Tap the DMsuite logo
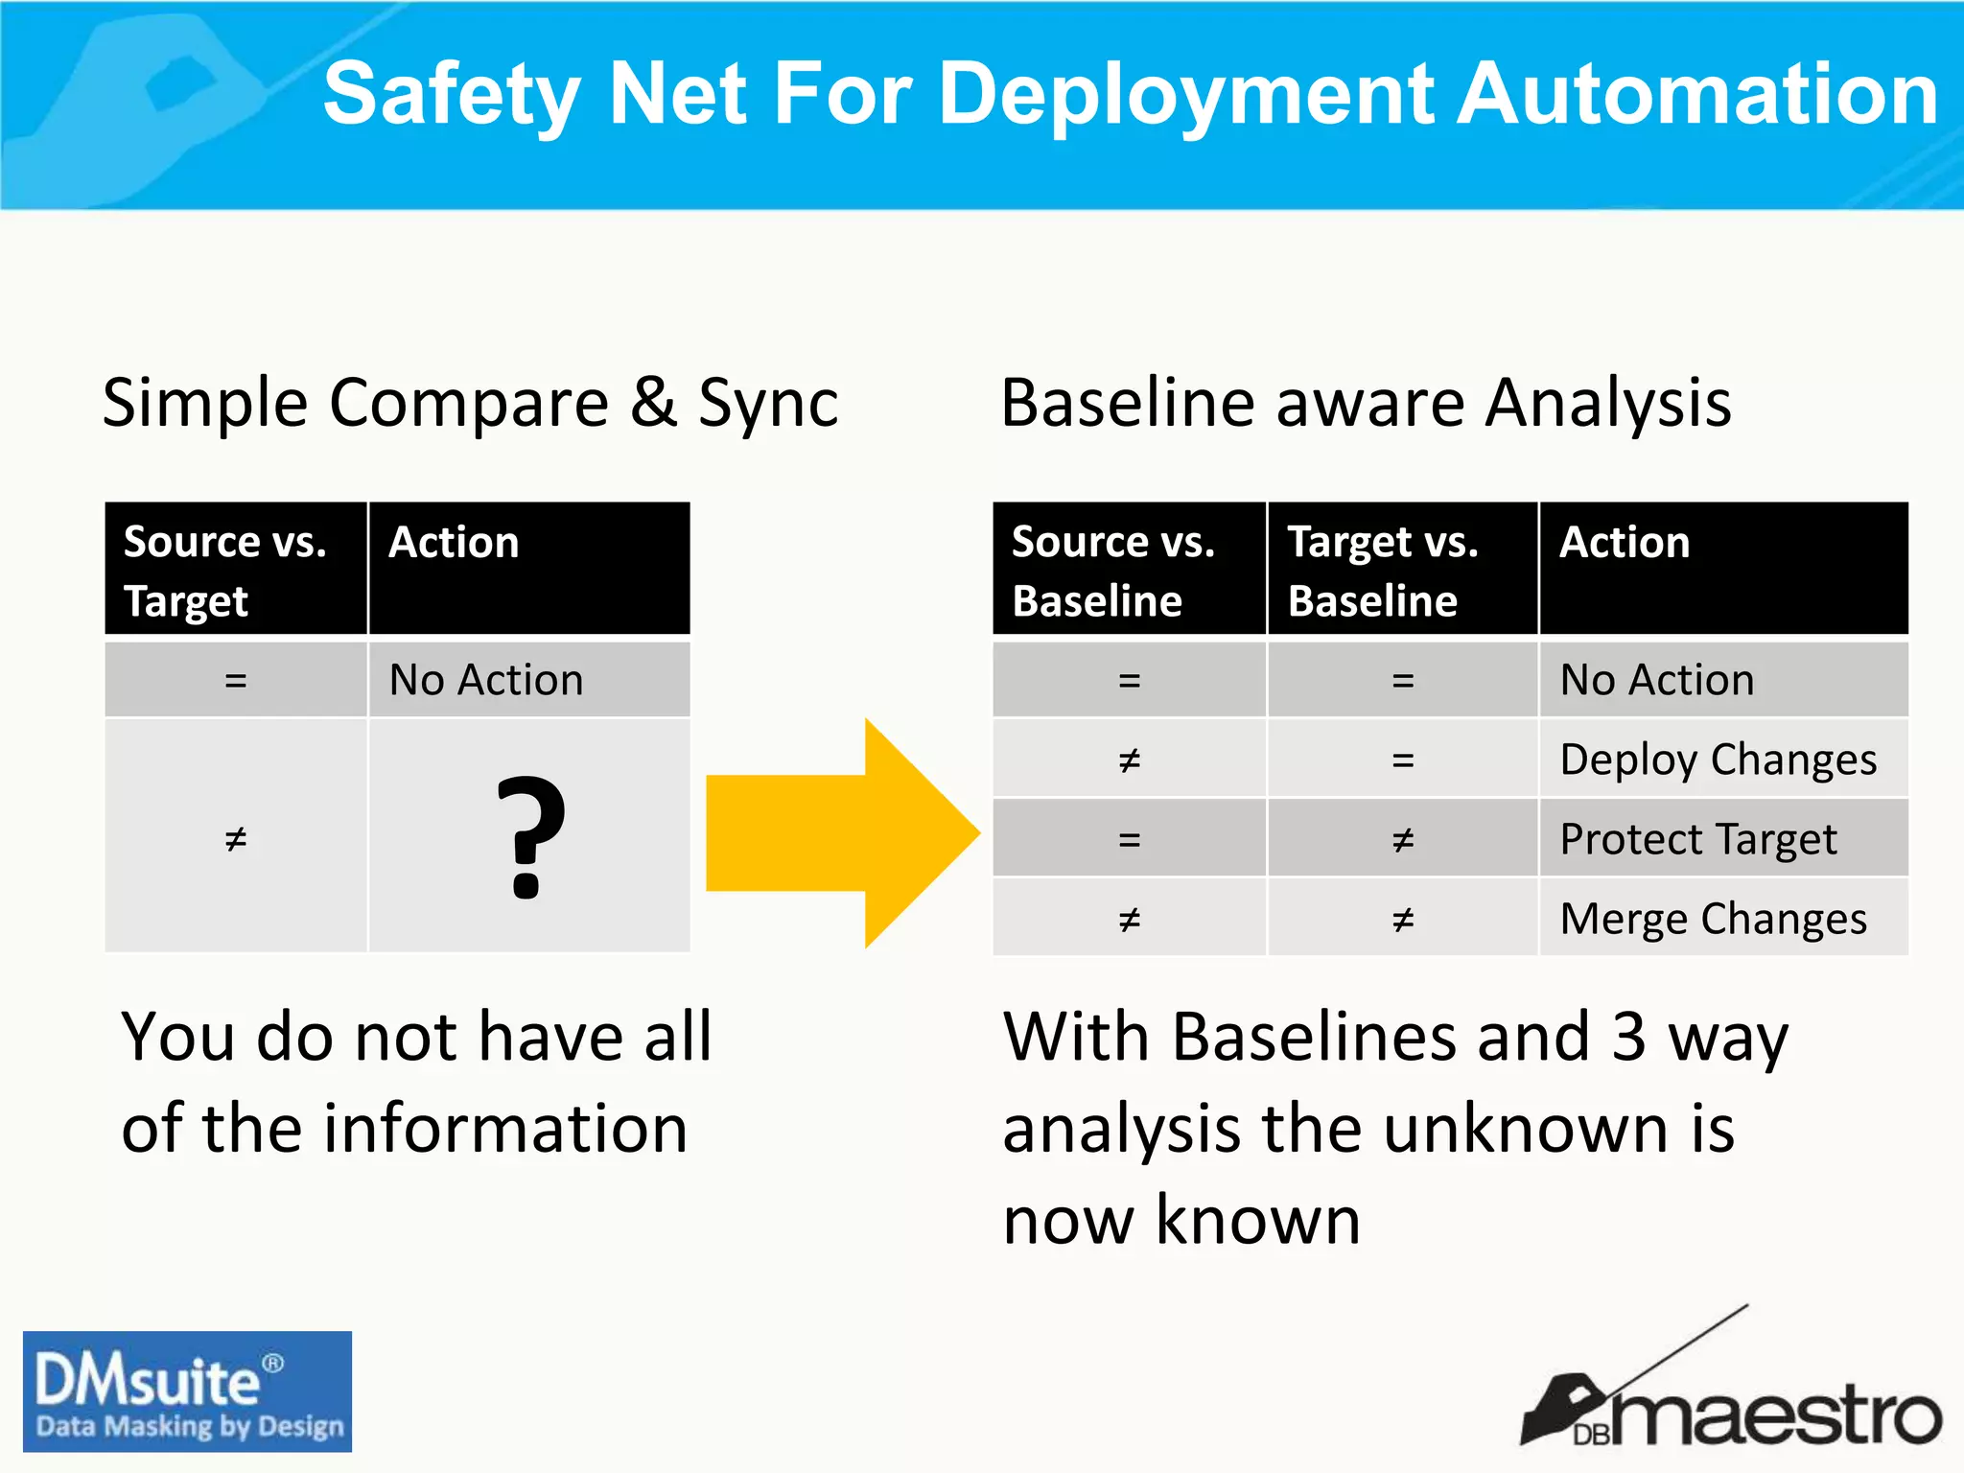187,1391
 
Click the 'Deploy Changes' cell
1718,760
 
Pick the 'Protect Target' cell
1697,839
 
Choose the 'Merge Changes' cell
1713,919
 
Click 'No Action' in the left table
486,680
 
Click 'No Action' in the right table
1657,680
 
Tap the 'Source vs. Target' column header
226,571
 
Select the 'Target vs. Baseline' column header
1383,571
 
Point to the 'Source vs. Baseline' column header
1112,571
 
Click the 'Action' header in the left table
454,543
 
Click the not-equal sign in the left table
236,839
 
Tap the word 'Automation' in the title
1697,94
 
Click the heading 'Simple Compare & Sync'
470,403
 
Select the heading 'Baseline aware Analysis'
1366,403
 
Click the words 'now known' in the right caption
1181,1220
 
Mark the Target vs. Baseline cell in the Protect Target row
1403,840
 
